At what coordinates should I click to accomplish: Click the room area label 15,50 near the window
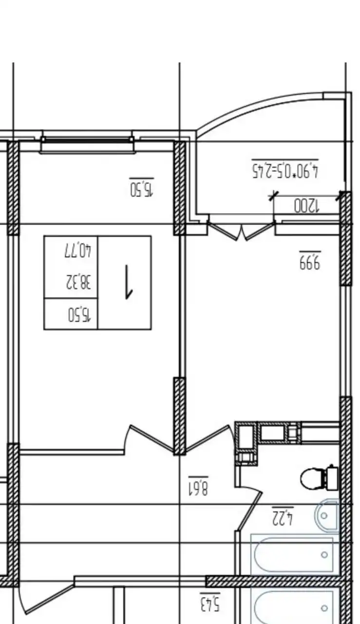click(142, 189)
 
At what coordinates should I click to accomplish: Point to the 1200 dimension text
click(307, 206)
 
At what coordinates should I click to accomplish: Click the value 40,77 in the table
click(78, 250)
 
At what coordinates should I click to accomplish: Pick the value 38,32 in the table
click(78, 282)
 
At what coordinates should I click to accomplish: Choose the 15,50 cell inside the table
click(79, 314)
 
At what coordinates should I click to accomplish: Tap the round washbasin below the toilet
click(326, 515)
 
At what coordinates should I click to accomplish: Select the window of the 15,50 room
click(88, 145)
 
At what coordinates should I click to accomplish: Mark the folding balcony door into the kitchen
click(241, 231)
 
